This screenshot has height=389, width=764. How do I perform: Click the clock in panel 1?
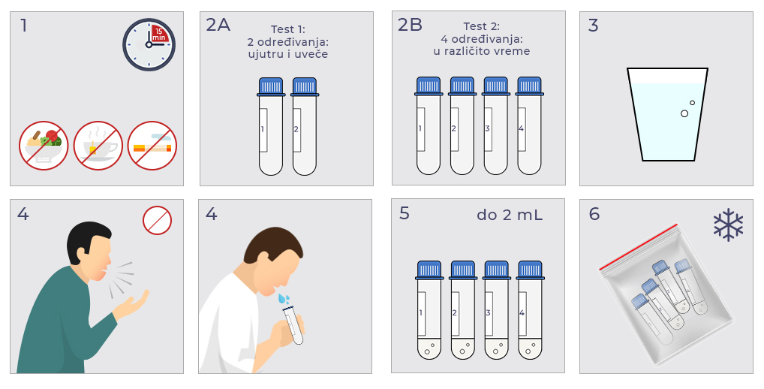click(x=149, y=45)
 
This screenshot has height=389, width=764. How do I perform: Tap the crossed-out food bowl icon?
click(x=44, y=146)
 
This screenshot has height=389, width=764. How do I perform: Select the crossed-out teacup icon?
click(x=98, y=146)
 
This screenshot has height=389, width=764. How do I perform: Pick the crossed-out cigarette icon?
click(x=152, y=146)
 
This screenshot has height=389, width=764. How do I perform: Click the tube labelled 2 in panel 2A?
click(x=305, y=127)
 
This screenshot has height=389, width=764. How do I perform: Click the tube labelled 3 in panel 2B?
click(x=495, y=125)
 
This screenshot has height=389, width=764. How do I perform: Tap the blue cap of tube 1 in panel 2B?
click(x=429, y=86)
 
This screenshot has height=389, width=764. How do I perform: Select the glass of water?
click(x=667, y=115)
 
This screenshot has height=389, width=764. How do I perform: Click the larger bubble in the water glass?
click(x=684, y=113)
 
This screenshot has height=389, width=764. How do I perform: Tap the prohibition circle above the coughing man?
click(x=158, y=220)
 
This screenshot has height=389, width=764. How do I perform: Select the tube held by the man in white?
click(x=293, y=324)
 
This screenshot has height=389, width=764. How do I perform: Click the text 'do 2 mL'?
click(x=510, y=215)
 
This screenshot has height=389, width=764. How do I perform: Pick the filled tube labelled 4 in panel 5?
click(x=530, y=310)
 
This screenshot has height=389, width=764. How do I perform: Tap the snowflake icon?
click(x=729, y=225)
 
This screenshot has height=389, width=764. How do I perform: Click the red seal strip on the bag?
click(x=638, y=247)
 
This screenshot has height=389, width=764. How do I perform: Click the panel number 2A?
click(x=218, y=25)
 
